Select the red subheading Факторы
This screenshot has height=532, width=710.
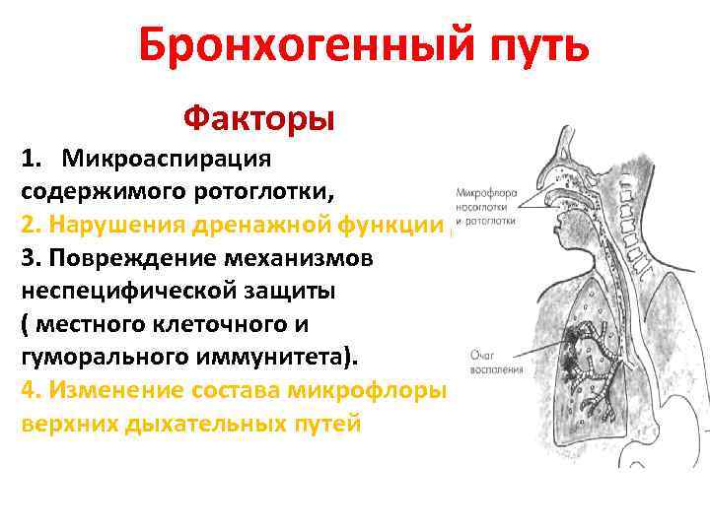pos(259,119)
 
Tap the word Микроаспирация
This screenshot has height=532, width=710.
pos(168,159)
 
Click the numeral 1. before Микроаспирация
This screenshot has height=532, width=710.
pos(32,159)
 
